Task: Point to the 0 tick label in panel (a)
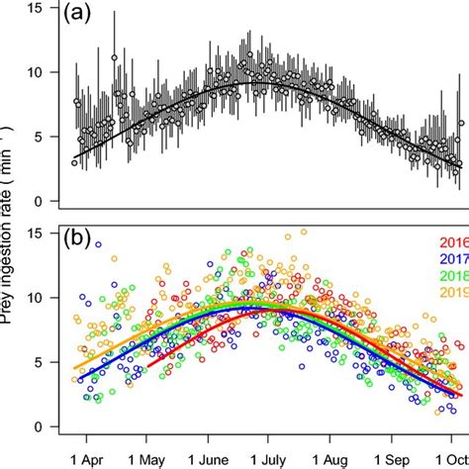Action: point(39,202)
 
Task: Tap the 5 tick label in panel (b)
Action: point(39,362)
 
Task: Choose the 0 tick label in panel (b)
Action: point(39,426)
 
